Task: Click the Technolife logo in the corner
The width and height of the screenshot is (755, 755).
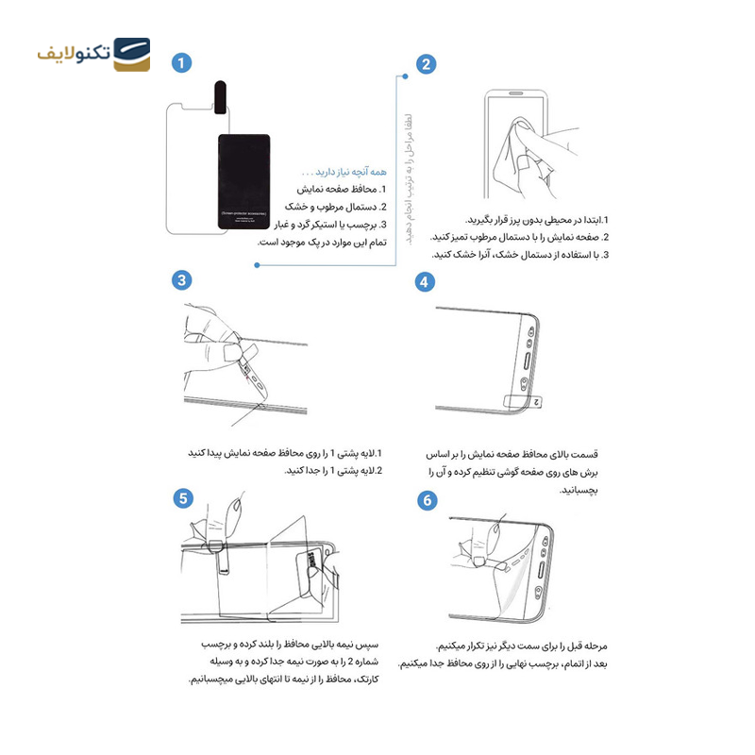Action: [93, 55]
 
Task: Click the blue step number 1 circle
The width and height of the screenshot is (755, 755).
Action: [181, 63]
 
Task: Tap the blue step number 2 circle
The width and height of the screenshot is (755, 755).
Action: [427, 64]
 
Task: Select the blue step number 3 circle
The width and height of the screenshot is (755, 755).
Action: [182, 279]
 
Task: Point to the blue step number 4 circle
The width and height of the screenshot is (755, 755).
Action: [427, 282]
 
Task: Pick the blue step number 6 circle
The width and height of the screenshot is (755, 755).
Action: [427, 499]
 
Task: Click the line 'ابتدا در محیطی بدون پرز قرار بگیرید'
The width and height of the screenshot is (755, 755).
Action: [537, 220]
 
